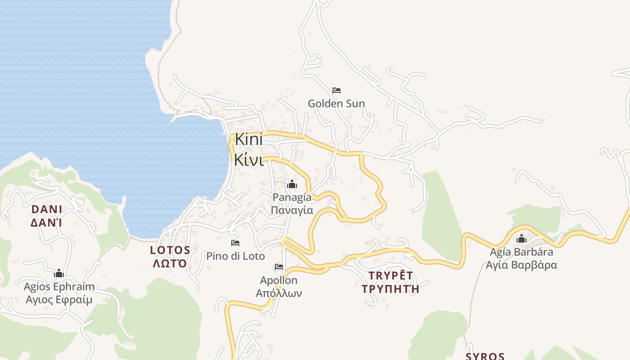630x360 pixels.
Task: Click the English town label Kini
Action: pos(248,139)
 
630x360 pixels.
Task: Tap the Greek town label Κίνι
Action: pos(249,160)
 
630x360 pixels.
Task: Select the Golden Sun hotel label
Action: pos(336,103)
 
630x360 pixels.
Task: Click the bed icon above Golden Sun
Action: pos(336,90)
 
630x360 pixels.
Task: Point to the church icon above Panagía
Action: pos(292,184)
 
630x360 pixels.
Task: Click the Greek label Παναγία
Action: pos(292,210)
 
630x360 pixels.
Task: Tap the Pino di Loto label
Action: pos(235,256)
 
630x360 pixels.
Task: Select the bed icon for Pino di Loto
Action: pos(235,243)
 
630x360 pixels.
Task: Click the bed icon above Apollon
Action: pos(279,267)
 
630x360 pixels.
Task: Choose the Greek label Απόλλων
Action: pos(279,293)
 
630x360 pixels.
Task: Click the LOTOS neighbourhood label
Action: pos(170,250)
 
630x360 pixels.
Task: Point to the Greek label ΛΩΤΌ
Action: pos(170,263)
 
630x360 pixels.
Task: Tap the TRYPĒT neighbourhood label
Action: pos(390,275)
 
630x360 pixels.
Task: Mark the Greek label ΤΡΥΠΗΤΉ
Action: pos(390,288)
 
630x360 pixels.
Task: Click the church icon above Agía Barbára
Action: pos(522,238)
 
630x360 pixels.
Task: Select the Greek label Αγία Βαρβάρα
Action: pos(521,265)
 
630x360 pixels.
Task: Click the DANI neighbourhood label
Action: pos(47,210)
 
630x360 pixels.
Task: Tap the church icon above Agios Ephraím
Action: pos(59,274)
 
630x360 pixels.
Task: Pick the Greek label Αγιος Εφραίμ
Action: pos(59,300)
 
